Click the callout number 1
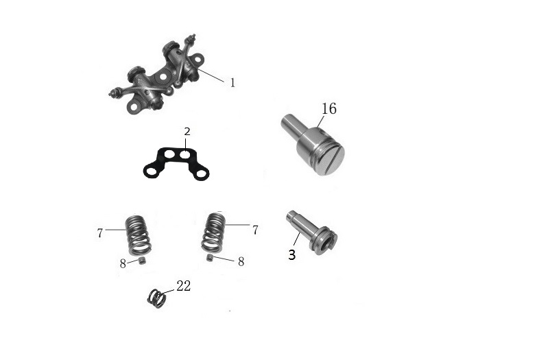232,83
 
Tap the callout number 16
329,108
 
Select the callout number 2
187,132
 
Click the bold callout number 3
292,255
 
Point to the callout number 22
184,286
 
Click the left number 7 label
100,233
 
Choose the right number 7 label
255,230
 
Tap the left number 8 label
123,264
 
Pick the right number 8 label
241,262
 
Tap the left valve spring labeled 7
139,235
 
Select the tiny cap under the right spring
209,258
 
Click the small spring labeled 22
157,298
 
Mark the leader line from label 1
211,75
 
